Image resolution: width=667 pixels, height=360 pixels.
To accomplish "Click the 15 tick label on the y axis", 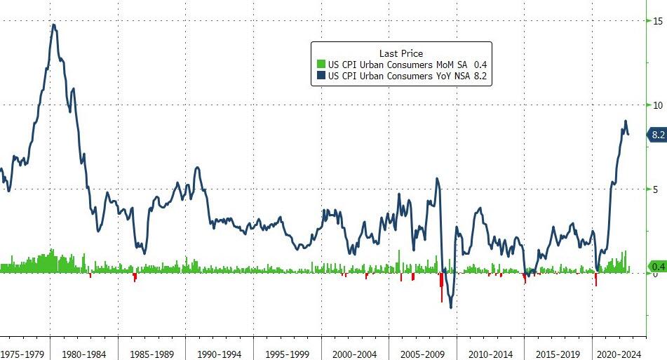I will [x=657, y=20].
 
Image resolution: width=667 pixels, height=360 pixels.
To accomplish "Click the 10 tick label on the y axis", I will [x=657, y=105].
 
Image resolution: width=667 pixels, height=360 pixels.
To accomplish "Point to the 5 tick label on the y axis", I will [x=655, y=189].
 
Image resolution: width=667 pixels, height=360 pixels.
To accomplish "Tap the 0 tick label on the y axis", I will [x=655, y=274].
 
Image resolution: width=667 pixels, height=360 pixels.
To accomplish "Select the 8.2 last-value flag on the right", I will [x=657, y=135].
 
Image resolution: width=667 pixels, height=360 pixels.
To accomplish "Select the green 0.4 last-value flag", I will [x=658, y=267].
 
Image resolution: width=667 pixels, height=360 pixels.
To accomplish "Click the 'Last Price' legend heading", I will [x=400, y=53].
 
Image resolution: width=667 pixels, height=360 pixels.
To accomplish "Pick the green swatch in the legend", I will [x=321, y=65].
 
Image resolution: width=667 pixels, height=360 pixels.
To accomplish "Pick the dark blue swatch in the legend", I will [x=321, y=76].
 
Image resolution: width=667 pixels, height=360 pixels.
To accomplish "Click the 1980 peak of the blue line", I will [x=54, y=25].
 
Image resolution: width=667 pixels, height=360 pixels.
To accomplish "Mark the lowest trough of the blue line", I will [x=450, y=307].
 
